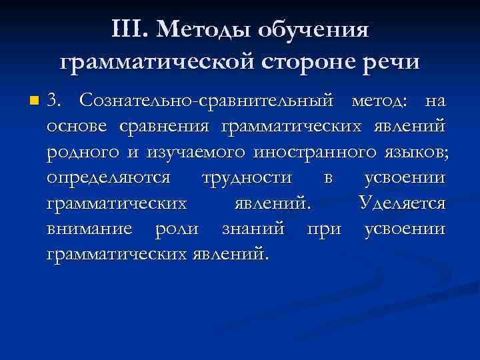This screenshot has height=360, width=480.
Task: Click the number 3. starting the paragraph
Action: tap(56, 101)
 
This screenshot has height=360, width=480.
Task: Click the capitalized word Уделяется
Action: tap(401, 203)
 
